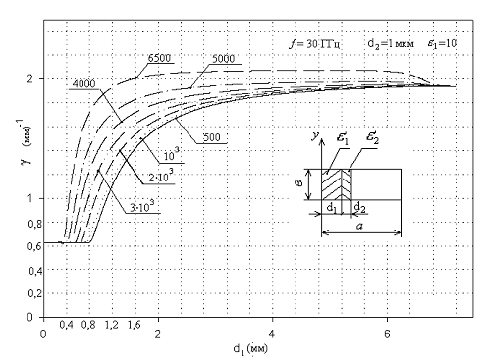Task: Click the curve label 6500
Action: click(x=159, y=58)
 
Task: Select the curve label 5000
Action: click(x=224, y=59)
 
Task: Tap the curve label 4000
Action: click(x=83, y=84)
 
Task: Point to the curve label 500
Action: click(x=212, y=137)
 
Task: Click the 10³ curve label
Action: click(x=172, y=155)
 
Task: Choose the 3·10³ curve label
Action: click(x=142, y=206)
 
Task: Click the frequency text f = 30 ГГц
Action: click(x=314, y=44)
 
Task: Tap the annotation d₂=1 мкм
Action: click(x=391, y=43)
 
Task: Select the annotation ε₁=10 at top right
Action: click(x=442, y=43)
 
